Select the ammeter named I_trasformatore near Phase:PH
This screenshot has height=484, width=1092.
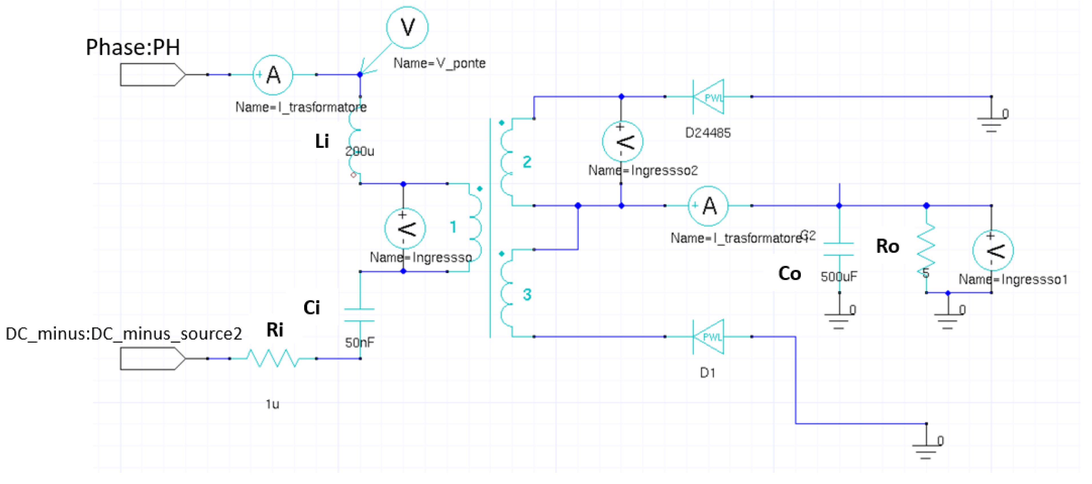(273, 75)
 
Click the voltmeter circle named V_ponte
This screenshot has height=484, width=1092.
(407, 27)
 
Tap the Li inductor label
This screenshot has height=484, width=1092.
(322, 141)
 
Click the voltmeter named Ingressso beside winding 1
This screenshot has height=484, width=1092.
(405, 229)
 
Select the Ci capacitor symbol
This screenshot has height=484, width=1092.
(359, 315)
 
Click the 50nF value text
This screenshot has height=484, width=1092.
(359, 342)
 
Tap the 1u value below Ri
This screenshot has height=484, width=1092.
(272, 404)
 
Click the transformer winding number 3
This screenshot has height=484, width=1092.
(527, 294)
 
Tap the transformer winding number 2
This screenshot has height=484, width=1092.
(527, 161)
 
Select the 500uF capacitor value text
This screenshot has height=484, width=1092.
(839, 277)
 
